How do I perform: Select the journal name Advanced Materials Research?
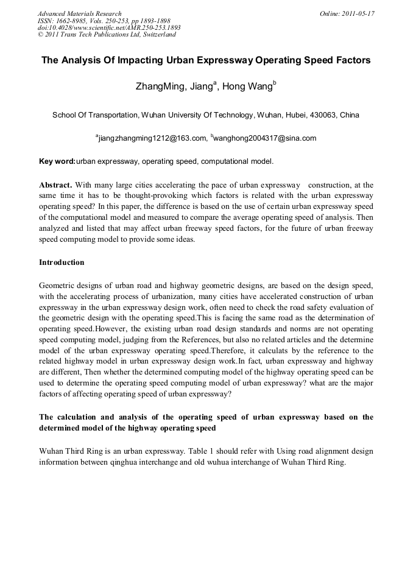80,13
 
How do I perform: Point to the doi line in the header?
109,27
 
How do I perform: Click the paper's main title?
206,61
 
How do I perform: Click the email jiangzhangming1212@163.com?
152,138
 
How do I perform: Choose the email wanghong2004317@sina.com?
265,138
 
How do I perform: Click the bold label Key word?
57,161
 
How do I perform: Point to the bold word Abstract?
55,185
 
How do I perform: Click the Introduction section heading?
62,262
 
